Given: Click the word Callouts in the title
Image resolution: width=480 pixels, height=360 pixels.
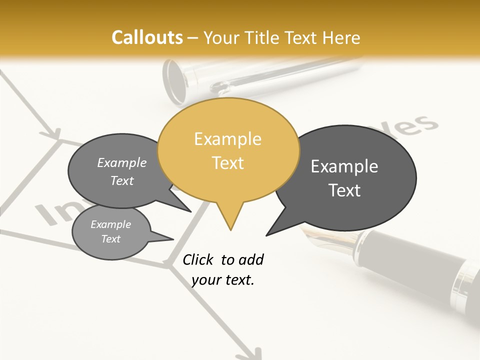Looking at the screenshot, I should click(147, 37).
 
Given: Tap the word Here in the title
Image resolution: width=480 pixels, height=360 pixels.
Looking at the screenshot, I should click(341, 37).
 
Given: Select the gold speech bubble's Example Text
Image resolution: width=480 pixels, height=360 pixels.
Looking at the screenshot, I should click(228, 151).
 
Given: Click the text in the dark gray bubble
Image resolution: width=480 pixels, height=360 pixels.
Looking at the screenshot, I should click(344, 178).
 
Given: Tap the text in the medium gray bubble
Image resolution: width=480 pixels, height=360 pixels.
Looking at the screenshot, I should click(122, 171).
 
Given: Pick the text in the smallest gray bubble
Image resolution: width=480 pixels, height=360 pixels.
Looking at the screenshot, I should click(111, 231).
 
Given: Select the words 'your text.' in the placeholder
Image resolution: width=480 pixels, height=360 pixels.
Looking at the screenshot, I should click(223, 280).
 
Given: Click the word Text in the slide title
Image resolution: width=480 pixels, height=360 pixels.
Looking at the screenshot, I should click(302, 37).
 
